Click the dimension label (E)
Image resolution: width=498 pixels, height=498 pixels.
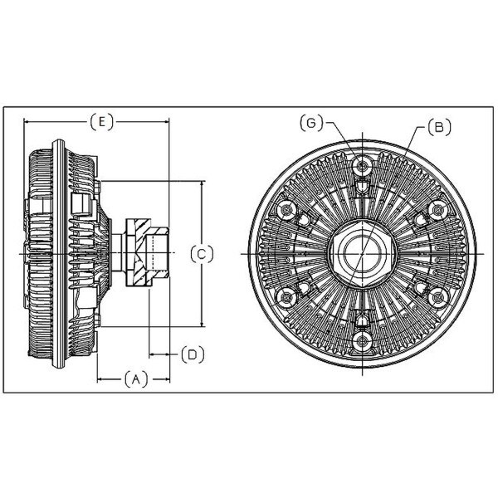pos(101,122)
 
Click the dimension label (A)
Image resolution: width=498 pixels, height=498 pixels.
pos(136,379)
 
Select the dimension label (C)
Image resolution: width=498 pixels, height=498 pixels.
pos(202,254)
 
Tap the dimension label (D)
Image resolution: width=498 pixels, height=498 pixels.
pos(193,354)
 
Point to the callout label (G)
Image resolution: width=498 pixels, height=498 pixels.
pos(311,123)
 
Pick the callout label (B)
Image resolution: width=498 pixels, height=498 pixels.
pos(439,127)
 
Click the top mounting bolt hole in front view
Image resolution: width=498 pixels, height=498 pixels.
pos(362,165)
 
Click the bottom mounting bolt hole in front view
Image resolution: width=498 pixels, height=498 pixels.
pos(362,341)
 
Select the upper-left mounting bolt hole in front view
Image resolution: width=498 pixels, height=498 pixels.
pos(287,210)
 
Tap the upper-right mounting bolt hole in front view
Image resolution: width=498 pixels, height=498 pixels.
pos(437,210)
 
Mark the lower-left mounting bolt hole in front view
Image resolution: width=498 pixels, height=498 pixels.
pos(287,297)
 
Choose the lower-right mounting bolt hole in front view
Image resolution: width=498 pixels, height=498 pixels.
pos(437,297)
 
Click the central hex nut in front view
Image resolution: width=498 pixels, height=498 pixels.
pos(362,254)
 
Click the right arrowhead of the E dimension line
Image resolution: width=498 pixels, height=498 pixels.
pos(165,122)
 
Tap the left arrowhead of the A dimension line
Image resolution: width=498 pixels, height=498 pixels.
pos(101,379)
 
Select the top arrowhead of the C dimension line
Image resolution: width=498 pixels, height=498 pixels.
pos(202,185)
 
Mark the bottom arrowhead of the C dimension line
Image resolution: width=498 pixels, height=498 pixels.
pos(202,322)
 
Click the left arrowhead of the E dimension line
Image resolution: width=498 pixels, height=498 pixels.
pos(28,122)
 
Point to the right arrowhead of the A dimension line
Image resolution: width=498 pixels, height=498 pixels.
pos(165,379)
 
